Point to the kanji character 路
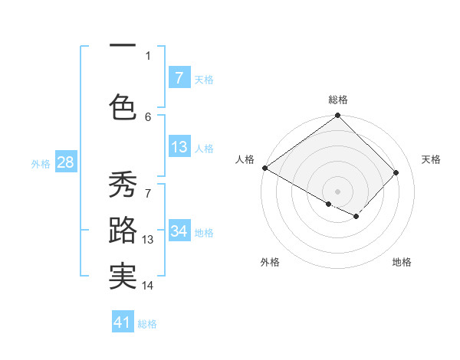tap(123, 231)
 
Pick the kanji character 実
tap(123, 277)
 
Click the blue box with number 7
tap(179, 78)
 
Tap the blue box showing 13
tap(179, 147)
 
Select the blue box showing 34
tap(179, 231)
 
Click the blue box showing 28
tap(65, 162)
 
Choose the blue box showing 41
tap(123, 322)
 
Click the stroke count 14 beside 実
tap(148, 286)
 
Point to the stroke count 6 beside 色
tap(148, 116)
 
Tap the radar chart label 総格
tap(338, 100)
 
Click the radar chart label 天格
tap(432, 159)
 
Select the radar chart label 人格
tap(245, 159)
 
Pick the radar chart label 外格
tap(270, 263)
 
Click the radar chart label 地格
tap(402, 263)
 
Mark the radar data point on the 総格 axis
tap(337, 116)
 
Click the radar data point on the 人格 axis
tap(264, 168)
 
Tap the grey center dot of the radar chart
tap(337, 191)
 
